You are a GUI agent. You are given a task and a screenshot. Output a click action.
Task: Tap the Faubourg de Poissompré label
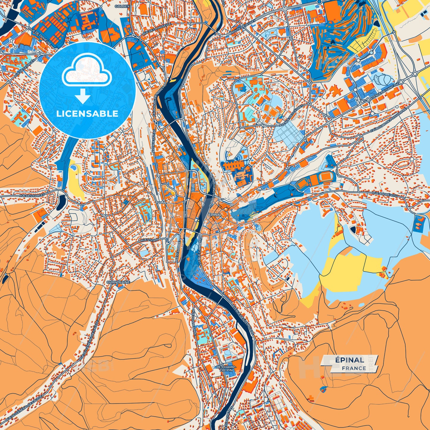[384, 123]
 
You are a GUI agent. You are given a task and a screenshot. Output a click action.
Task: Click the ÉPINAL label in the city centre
[215, 214]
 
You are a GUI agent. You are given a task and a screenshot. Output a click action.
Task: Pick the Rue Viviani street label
[150, 240]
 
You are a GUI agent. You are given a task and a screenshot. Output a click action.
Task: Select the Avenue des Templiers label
[242, 317]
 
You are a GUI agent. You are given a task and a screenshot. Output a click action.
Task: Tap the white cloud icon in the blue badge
[87, 73]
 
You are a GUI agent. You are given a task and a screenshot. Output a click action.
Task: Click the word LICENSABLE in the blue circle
[87, 113]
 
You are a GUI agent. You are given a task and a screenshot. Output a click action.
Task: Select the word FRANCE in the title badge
[354, 368]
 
